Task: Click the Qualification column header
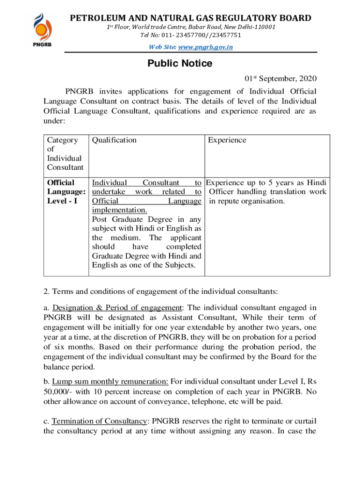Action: pyautogui.click(x=115, y=140)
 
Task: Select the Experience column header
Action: pyautogui.click(x=227, y=140)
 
